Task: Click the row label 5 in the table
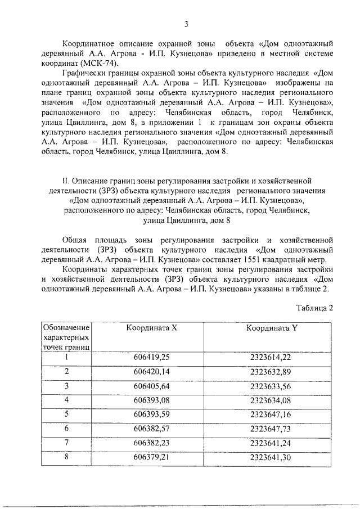click(66, 415)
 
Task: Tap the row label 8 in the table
click(66, 458)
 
